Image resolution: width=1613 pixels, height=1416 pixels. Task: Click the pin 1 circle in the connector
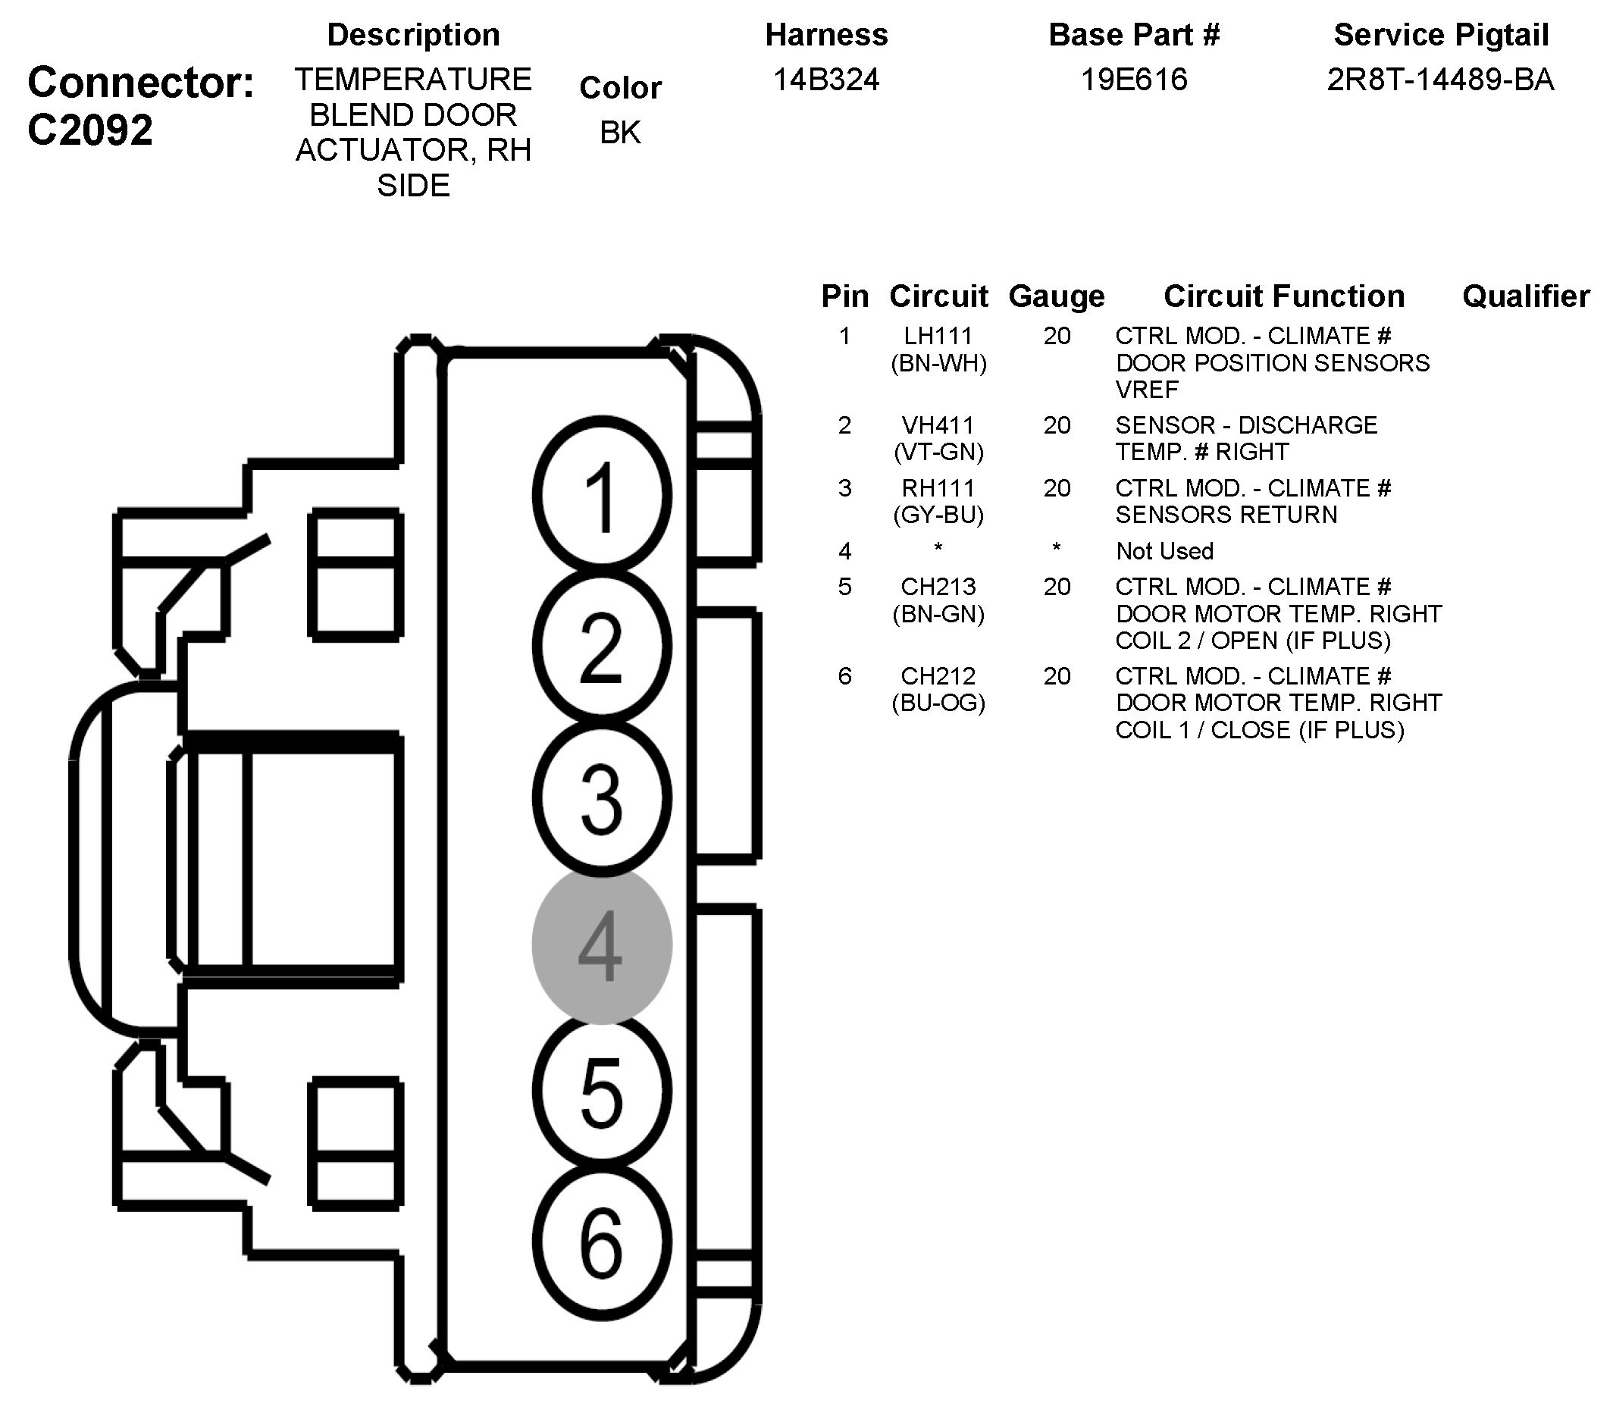click(x=601, y=495)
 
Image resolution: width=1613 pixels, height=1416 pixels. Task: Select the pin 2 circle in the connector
click(x=601, y=646)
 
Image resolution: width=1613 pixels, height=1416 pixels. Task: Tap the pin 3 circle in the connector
click(x=601, y=798)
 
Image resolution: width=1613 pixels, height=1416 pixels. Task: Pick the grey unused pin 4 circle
click(x=601, y=945)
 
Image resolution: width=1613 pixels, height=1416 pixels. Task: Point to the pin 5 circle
click(x=601, y=1092)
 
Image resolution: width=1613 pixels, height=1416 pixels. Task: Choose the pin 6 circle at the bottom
click(x=601, y=1242)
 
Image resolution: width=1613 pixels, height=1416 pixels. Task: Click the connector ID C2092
click(x=90, y=130)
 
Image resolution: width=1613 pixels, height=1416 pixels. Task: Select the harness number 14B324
click(x=826, y=80)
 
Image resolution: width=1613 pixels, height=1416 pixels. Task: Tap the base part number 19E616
click(x=1134, y=80)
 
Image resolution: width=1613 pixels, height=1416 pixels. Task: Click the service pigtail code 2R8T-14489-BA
click(x=1440, y=80)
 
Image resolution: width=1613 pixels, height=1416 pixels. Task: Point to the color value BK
click(x=620, y=133)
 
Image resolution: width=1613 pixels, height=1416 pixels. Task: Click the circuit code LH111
click(x=938, y=337)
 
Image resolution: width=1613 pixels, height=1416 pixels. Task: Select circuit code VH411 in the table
click(x=938, y=425)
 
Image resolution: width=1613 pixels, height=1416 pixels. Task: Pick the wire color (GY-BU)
click(x=938, y=515)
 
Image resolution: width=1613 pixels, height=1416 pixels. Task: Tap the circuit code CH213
click(x=938, y=587)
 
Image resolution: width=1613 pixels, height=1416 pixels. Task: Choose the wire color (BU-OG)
click(x=938, y=703)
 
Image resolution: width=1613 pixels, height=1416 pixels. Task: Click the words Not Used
click(x=1165, y=551)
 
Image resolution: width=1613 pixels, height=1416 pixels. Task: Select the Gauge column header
click(x=1057, y=297)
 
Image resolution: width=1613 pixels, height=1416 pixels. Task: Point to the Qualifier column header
click(x=1525, y=297)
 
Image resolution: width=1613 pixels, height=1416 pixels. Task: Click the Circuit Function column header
click(x=1284, y=297)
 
